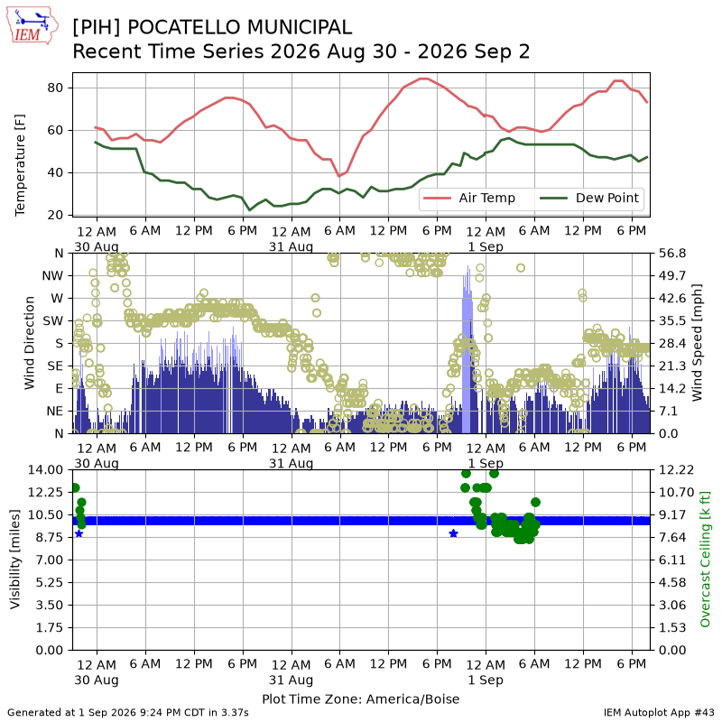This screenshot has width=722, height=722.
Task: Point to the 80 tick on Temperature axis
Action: click(55, 88)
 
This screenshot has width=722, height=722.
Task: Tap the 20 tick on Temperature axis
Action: click(55, 215)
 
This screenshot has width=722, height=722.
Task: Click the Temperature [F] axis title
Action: click(20, 165)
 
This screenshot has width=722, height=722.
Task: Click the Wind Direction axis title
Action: click(30, 343)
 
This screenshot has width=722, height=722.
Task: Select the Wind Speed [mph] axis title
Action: click(697, 343)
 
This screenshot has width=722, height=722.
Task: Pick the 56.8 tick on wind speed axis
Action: click(672, 254)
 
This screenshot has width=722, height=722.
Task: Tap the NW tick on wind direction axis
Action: click(52, 276)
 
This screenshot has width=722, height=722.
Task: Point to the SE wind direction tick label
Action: click(55, 366)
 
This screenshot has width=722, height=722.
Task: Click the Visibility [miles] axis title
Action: click(15, 560)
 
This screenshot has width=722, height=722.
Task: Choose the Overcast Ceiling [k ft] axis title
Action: click(705, 560)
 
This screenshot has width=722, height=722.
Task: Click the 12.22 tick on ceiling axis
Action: click(672, 470)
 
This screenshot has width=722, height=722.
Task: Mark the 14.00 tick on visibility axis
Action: click(45, 470)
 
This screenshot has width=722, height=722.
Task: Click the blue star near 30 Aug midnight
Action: click(79, 533)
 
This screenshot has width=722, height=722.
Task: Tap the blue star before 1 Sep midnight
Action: click(454, 533)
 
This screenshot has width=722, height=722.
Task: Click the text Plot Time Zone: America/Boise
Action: click(360, 699)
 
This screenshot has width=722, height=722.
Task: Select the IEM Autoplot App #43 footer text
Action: click(659, 713)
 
